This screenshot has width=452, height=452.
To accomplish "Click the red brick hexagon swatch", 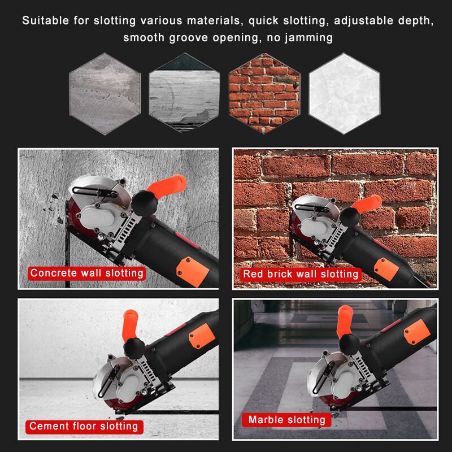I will tap(264, 93).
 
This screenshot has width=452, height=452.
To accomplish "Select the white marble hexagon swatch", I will tap(344, 93).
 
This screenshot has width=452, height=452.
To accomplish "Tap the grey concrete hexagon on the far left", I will tap(105, 93).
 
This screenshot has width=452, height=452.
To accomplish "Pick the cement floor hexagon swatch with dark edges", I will tap(184, 93).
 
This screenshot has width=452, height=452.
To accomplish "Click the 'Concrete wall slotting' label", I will tap(87, 273).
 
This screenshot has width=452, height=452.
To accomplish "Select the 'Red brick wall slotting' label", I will tap(301, 275).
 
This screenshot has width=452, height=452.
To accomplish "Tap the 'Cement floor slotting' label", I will tap(84, 426).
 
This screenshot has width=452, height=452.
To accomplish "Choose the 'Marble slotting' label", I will tap(286, 420).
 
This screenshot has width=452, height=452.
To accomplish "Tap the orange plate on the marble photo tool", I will tap(419, 332).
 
